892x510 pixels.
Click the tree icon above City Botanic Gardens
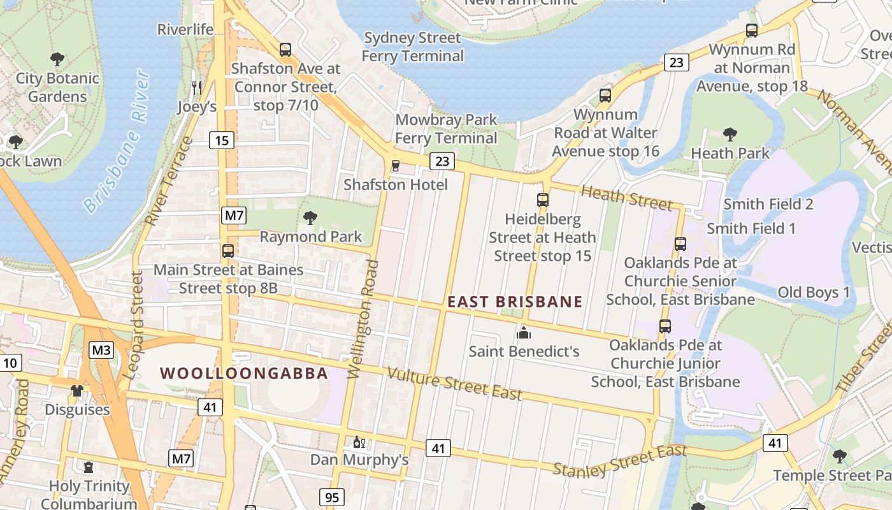tap(57, 59)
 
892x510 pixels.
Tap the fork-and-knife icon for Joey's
tap(197, 87)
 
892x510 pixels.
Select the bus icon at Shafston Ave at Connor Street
tap(285, 49)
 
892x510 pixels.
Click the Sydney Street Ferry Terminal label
tap(412, 47)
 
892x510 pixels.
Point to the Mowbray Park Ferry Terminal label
tap(446, 129)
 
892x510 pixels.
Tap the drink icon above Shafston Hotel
tap(396, 166)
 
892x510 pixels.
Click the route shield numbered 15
tap(222, 140)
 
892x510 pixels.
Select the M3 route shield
tap(101, 349)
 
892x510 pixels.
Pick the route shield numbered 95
tap(331, 497)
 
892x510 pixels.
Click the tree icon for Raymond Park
tap(310, 218)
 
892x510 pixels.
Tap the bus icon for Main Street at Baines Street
tap(228, 251)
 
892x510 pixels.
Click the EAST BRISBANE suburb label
tap(515, 302)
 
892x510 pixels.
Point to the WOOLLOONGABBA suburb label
tap(244, 373)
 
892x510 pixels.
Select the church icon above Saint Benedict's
tap(524, 332)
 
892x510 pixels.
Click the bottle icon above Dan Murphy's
tap(359, 441)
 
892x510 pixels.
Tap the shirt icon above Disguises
tap(77, 390)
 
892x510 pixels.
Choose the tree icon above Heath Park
tap(730, 134)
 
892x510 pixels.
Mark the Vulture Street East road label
tap(454, 384)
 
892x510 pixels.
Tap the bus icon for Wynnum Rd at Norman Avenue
tap(752, 30)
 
